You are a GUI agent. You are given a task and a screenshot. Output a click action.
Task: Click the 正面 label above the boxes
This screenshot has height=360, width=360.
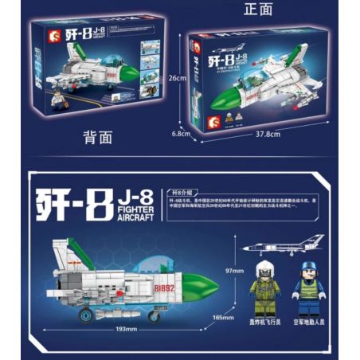coord(260,9)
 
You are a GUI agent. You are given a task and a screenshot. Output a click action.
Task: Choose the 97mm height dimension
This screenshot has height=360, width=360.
coord(234,272)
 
